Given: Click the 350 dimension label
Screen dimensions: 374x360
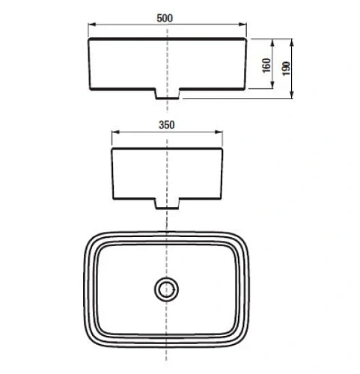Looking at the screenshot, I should pos(168,125).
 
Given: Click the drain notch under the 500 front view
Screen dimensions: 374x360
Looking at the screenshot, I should pos(167,95).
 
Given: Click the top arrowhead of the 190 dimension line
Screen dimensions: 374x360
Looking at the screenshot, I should pos(291,37).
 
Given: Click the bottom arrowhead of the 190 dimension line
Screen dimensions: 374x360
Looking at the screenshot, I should pos(291,97).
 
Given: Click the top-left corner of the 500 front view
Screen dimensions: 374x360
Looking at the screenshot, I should pos(89,37).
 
